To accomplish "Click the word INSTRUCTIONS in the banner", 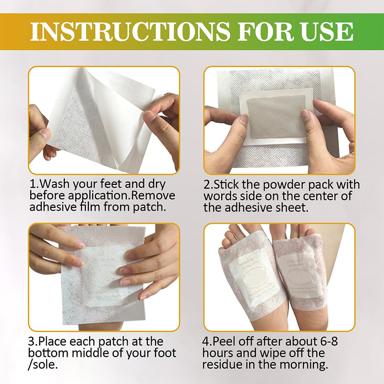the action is click(x=130, y=32).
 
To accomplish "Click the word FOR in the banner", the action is click(x=265, y=32).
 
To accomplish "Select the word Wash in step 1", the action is click(x=54, y=184).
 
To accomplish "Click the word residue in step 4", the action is click(x=222, y=364).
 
